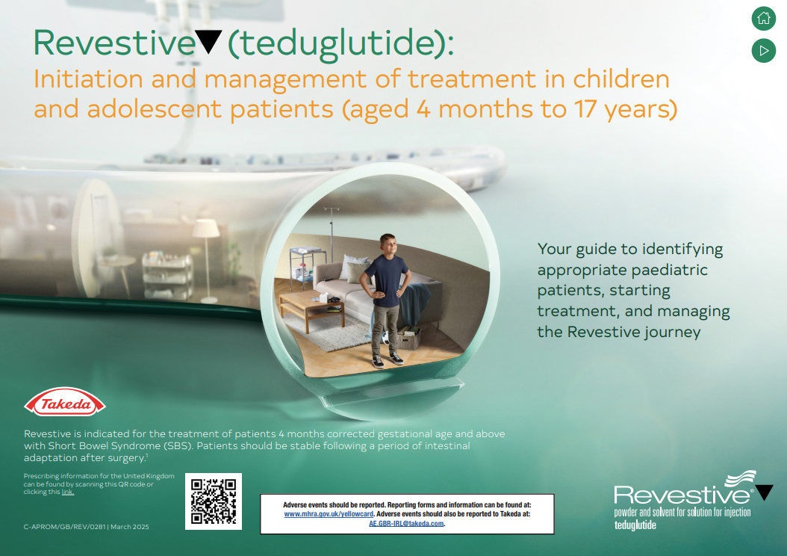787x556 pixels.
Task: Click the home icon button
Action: coord(763,18)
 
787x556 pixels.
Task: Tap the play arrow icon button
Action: coord(763,51)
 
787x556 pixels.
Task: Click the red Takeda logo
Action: coord(65,402)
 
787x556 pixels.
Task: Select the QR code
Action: coord(214,501)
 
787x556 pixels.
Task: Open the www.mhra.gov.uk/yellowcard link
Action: coord(329,514)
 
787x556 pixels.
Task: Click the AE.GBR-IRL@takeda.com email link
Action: coord(406,523)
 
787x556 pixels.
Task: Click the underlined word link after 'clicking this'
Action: coord(68,492)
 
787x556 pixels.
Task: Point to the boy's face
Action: coord(388,246)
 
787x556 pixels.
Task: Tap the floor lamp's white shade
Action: coord(206,229)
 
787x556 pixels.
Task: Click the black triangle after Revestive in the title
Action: coord(208,41)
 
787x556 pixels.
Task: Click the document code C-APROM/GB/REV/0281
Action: coord(65,527)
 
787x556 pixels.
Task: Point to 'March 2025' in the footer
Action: coord(130,527)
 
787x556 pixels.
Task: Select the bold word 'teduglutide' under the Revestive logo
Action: coord(635,525)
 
